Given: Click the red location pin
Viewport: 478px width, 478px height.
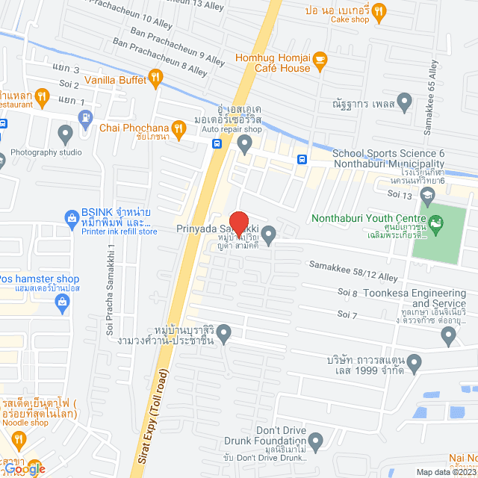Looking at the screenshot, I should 238,223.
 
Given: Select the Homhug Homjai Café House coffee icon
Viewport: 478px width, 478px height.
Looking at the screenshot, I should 320,58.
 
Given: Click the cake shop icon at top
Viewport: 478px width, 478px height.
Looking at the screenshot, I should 379,10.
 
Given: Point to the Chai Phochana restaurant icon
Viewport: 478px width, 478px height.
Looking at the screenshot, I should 178,127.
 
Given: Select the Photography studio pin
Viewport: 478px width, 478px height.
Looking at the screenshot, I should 65,135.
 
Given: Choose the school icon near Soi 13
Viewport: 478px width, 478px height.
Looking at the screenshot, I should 427,196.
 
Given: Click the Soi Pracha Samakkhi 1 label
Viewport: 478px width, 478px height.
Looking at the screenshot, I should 111,285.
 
